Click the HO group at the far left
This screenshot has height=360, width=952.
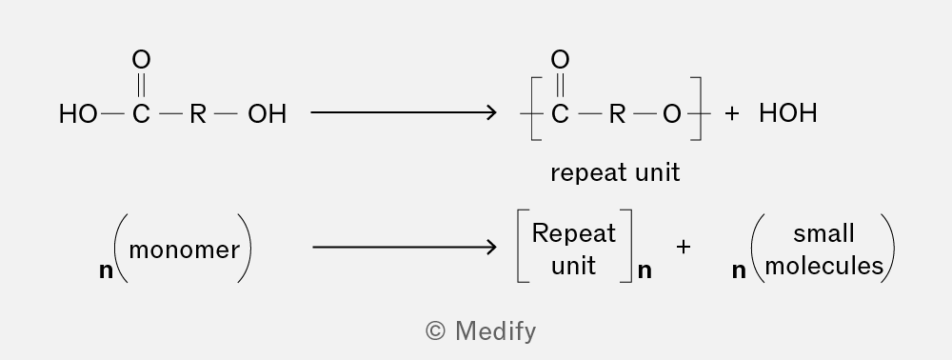[x=78, y=113]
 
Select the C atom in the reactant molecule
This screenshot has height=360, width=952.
[x=141, y=113]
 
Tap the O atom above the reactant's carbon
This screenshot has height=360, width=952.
[x=141, y=59]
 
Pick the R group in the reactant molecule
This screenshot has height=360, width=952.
[x=198, y=113]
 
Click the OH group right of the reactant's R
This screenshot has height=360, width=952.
[x=268, y=113]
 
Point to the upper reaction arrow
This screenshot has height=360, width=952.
[x=403, y=112]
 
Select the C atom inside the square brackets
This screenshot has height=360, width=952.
[x=560, y=113]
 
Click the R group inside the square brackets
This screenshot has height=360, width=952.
[x=617, y=113]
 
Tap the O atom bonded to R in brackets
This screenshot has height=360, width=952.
[x=671, y=113]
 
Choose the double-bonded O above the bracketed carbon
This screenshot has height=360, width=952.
[x=560, y=59]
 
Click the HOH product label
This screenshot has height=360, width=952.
[x=788, y=113]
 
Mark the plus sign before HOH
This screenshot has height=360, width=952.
[x=731, y=113]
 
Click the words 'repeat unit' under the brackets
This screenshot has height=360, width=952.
[x=615, y=173]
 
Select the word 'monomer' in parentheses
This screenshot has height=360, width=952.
[x=185, y=250]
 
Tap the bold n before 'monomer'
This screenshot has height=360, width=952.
[x=107, y=270]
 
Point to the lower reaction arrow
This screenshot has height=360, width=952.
[x=405, y=247]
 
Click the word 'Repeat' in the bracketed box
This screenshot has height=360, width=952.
[x=574, y=233]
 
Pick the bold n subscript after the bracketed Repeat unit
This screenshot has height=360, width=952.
[x=645, y=270]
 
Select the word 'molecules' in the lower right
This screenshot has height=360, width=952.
[x=823, y=266]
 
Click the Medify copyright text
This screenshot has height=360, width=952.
[x=481, y=331]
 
